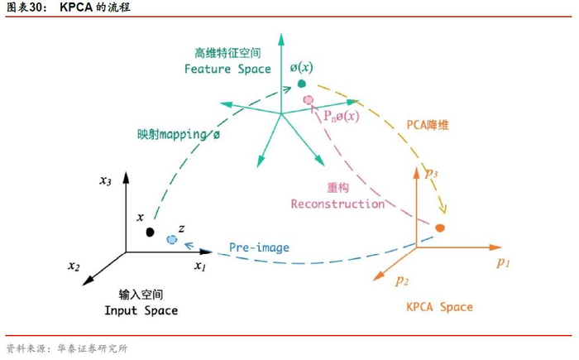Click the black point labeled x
click(150, 231)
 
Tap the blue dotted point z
click(171, 238)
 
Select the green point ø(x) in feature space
click(302, 84)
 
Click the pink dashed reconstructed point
click(309, 100)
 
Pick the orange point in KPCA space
click(440, 228)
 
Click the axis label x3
click(105, 181)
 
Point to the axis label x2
click(74, 267)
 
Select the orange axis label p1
click(504, 262)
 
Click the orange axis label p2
click(402, 281)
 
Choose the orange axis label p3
click(431, 174)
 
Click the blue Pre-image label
click(259, 247)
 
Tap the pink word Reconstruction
click(337, 204)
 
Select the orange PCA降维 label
click(428, 126)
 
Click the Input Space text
click(141, 310)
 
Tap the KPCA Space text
click(439, 307)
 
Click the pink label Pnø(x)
click(341, 116)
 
